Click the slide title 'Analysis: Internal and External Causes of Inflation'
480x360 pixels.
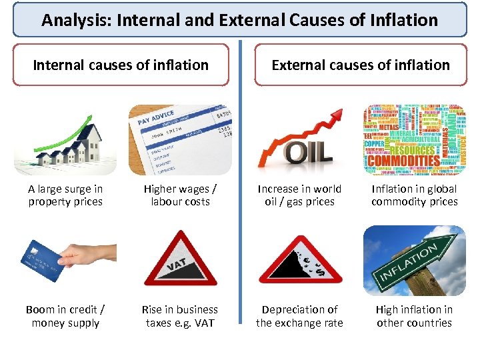pyautogui.click(x=240, y=19)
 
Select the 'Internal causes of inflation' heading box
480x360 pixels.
pyautogui.click(x=121, y=65)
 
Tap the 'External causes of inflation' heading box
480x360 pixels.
pyautogui.click(x=361, y=65)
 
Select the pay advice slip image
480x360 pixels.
pyautogui.click(x=180, y=139)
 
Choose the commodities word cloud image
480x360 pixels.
pyautogui.click(x=414, y=139)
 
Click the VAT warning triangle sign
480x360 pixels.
pyautogui.click(x=180, y=259)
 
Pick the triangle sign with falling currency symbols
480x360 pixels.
pyautogui.click(x=300, y=259)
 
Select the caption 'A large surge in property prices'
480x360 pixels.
pyautogui.click(x=65, y=195)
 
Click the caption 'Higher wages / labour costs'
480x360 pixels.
pyautogui.click(x=180, y=195)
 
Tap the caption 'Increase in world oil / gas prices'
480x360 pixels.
pyautogui.click(x=299, y=195)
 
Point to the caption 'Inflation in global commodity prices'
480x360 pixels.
pyautogui.click(x=414, y=195)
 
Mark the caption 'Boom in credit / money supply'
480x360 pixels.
pyautogui.click(x=65, y=316)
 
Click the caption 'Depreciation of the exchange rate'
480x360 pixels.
pyautogui.click(x=299, y=316)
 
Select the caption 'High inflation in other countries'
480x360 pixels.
pyautogui.click(x=414, y=316)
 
